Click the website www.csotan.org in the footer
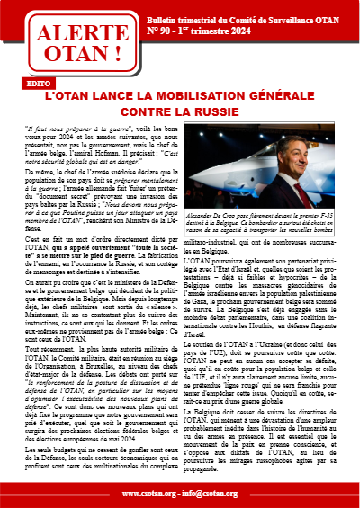[151, 494]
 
